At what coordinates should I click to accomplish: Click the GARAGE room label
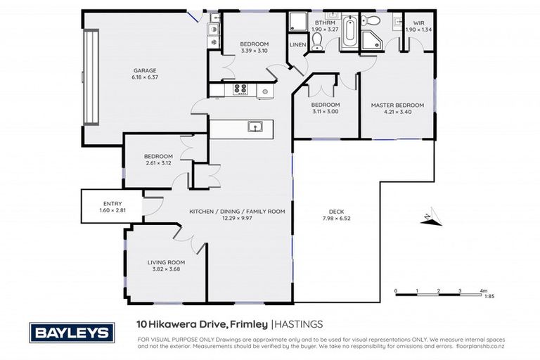pos(145,70)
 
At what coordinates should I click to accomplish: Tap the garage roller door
pos(89,77)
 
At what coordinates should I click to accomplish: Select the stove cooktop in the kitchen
pos(240,89)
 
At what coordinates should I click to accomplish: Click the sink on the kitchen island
pos(255,127)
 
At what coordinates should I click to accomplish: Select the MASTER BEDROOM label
pos(397,105)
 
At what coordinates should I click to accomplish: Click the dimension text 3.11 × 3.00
pos(326,112)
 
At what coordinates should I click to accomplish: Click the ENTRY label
pos(112,204)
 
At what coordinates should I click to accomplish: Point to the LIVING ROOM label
pos(166,262)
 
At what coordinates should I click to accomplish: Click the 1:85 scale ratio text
pos(480,297)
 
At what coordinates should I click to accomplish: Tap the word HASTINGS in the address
pos(299,324)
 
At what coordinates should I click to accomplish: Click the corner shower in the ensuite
pos(371,39)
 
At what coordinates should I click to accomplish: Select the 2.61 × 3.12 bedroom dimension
pos(158,163)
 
